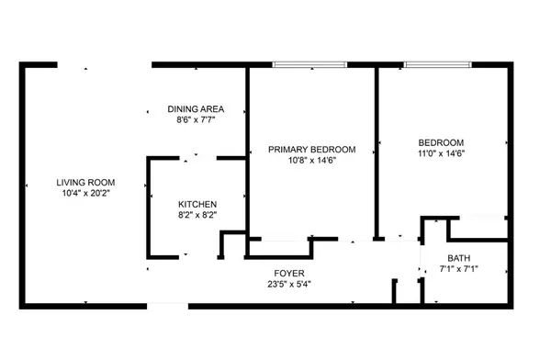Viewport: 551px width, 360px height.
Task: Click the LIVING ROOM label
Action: (x=85, y=183)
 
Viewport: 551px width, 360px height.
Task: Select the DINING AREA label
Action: (x=196, y=109)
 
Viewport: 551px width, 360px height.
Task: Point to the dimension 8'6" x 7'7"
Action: (x=196, y=120)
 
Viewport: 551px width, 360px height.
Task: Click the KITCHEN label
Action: (x=197, y=204)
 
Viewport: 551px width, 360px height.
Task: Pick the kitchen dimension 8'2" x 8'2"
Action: (x=197, y=215)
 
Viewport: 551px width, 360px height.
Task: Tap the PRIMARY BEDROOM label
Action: (x=312, y=150)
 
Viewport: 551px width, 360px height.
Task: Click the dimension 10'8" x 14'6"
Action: (x=312, y=161)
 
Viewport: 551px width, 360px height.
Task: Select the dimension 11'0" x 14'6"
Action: (x=442, y=153)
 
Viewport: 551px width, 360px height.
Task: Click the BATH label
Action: (x=459, y=258)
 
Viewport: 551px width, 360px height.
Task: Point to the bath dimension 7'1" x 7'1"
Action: (x=459, y=269)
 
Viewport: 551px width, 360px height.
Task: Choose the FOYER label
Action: (x=289, y=273)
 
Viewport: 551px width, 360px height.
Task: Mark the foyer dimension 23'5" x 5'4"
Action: (x=289, y=284)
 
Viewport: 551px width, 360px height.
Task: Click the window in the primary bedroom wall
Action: (x=309, y=64)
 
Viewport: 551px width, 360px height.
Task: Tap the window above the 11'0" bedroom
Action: (x=437, y=64)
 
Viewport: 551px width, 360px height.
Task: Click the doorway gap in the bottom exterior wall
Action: (x=168, y=306)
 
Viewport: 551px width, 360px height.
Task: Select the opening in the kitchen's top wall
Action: (x=197, y=158)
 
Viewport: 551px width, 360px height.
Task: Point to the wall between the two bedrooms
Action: (x=377, y=152)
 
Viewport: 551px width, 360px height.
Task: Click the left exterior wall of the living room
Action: (x=22, y=186)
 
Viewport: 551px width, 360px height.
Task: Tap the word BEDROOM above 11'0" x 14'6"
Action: (x=441, y=142)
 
